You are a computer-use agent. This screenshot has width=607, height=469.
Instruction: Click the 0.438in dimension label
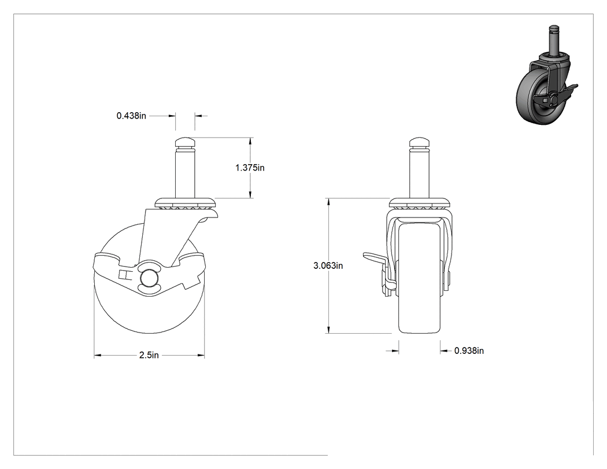point(131,116)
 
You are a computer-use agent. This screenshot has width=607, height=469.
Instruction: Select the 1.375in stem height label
point(250,168)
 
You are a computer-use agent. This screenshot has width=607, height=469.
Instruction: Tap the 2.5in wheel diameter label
point(149,355)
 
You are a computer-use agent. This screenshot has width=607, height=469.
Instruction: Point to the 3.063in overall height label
point(328,265)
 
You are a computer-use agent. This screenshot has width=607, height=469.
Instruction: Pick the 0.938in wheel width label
point(469,350)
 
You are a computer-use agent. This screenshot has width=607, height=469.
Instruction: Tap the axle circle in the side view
point(148,278)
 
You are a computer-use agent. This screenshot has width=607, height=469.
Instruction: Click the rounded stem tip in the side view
point(185,143)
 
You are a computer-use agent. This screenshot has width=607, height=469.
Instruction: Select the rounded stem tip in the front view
point(419,143)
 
